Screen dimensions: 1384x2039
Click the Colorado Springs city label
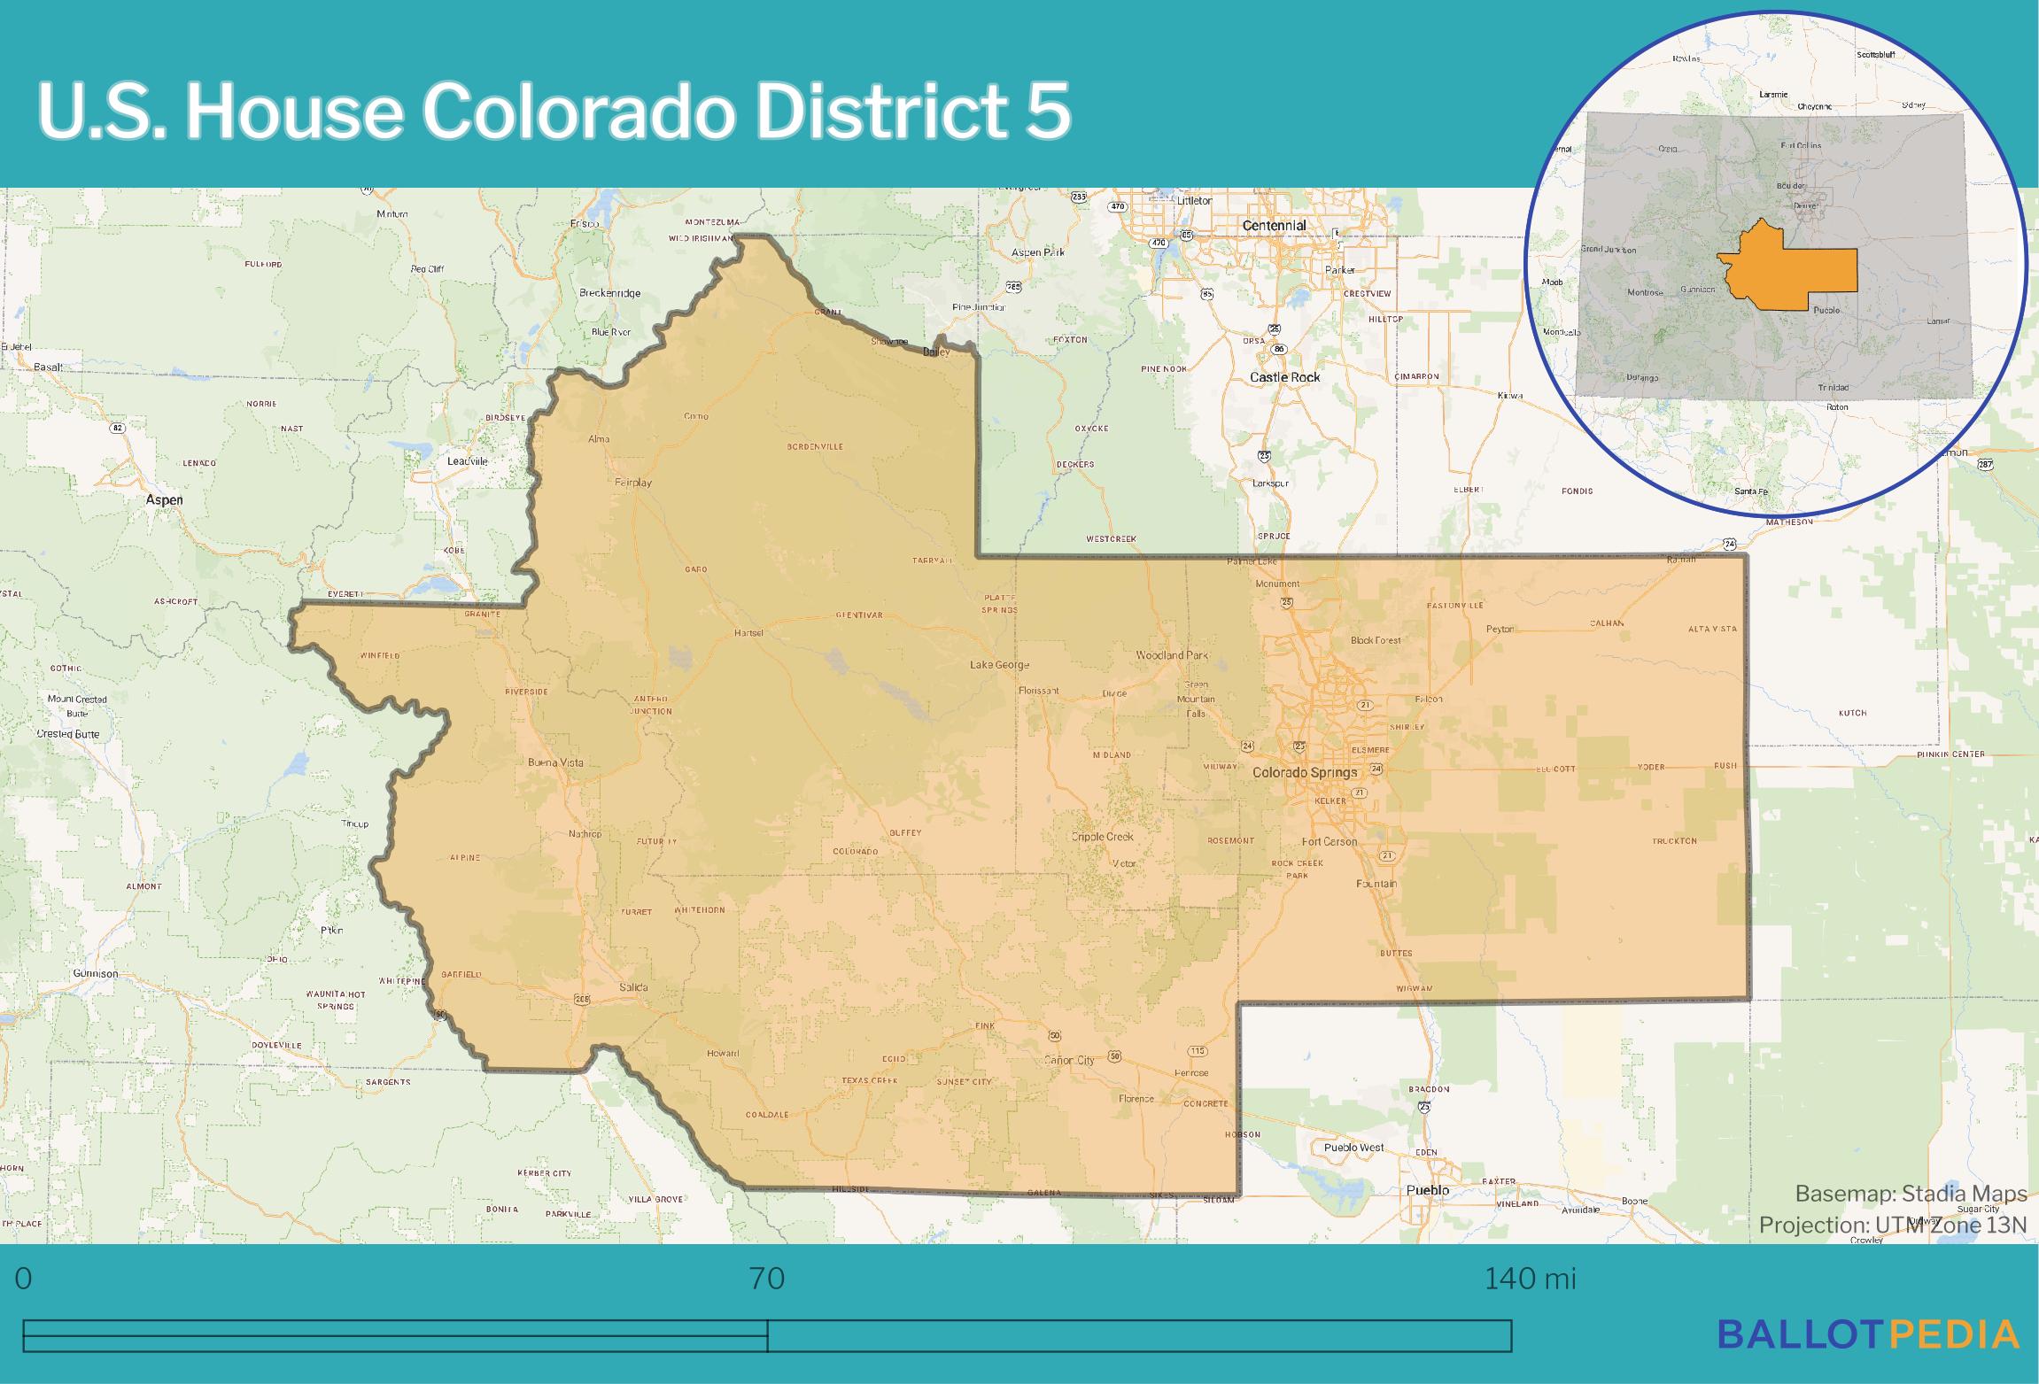pos(1304,772)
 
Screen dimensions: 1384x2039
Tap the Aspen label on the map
pos(165,500)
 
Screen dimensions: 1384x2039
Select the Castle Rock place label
pos(1284,377)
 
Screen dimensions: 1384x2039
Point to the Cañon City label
pos(1069,1060)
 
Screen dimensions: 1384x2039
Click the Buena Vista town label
pos(555,762)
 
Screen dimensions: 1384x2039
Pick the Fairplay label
pos(632,483)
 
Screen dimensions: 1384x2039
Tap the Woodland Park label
pos(1172,655)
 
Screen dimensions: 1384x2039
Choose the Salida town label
pos(633,987)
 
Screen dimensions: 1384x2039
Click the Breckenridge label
pos(609,293)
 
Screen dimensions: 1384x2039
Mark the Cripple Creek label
pos(1102,836)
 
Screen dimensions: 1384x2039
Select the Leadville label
pos(468,461)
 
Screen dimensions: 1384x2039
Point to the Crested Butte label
pos(68,734)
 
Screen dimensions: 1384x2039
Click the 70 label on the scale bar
pos(767,1279)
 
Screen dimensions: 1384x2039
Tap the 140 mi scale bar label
pos(1530,1279)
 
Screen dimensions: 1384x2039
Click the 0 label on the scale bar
pos(23,1279)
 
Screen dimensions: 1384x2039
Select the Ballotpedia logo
pos(1867,1334)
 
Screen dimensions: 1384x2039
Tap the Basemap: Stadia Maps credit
pos(1911,1194)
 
